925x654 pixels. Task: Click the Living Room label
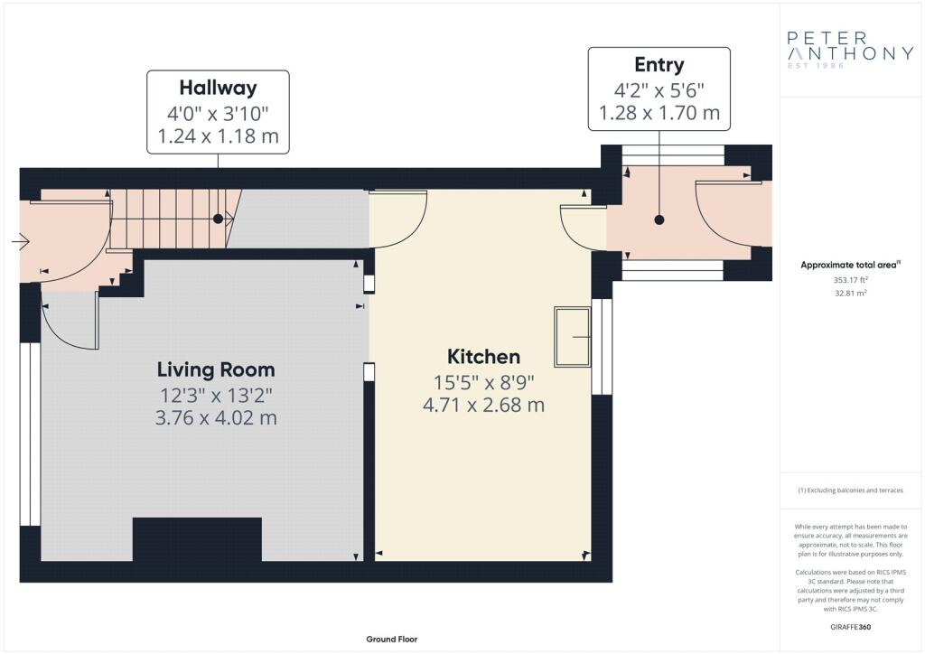[x=216, y=369]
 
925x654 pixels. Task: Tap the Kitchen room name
[x=484, y=357]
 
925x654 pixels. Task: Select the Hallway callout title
[x=219, y=88]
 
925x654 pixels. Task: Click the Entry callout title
[x=659, y=64]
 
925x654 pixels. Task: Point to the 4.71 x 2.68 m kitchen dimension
[x=484, y=406]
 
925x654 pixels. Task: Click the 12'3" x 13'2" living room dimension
[x=217, y=395]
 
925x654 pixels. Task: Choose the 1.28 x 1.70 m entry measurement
[x=659, y=113]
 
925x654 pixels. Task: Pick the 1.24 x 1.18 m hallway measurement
[x=219, y=136]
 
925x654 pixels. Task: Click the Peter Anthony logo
[x=850, y=50]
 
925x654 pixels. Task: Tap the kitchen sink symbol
[x=572, y=337]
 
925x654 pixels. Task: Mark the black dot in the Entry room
[x=659, y=220]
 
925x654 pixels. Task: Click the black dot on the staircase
[x=218, y=219]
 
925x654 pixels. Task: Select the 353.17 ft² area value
[x=850, y=280]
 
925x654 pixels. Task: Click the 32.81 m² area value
[x=850, y=293]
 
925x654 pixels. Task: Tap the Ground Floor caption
[x=392, y=640]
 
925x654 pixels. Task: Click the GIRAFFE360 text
[x=850, y=627]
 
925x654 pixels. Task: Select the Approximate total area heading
[x=850, y=265]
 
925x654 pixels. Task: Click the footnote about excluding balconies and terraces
[x=850, y=490]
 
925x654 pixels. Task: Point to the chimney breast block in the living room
[x=197, y=539]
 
